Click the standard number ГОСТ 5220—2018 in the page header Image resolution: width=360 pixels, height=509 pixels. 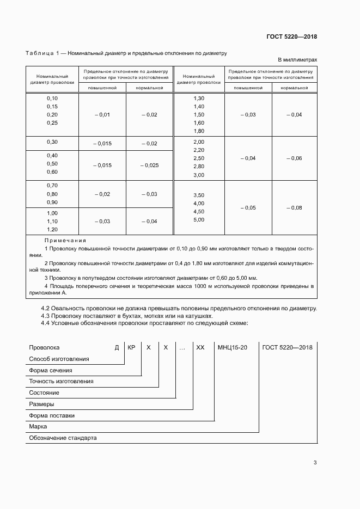291,37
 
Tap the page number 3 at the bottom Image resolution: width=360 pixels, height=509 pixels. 315,463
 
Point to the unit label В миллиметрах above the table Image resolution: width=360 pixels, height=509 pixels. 297,60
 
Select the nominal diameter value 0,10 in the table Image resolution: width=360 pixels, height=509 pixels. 52,98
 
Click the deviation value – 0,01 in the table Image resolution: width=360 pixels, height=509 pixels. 102,115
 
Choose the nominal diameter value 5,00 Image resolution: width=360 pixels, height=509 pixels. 198,219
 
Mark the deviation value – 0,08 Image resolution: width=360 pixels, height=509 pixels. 294,208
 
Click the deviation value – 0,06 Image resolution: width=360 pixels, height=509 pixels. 294,158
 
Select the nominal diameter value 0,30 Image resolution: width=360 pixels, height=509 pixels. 52,142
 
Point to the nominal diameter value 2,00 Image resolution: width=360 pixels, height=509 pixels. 198,142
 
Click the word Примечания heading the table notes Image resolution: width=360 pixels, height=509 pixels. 65,240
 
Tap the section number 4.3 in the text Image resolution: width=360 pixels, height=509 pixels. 46,316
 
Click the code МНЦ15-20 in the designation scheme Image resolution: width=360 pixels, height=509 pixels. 233,347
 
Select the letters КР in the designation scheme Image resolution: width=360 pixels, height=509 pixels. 131,347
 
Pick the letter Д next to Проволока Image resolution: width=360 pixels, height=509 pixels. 117,347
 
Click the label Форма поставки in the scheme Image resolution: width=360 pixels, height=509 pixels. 52,415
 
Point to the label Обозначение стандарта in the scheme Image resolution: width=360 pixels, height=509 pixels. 62,438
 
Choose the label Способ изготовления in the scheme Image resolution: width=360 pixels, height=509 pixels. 59,359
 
